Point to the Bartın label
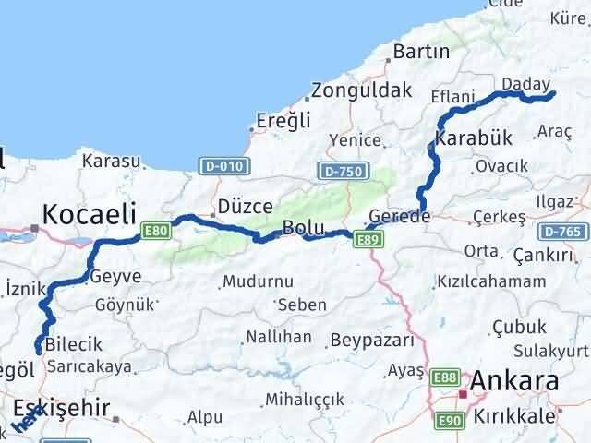click(x=421, y=53)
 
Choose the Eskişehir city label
click(x=61, y=408)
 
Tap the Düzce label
click(x=245, y=208)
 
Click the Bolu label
click(x=303, y=227)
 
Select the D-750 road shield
click(x=342, y=172)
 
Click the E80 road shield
click(x=156, y=231)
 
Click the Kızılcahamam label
click(x=491, y=281)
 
